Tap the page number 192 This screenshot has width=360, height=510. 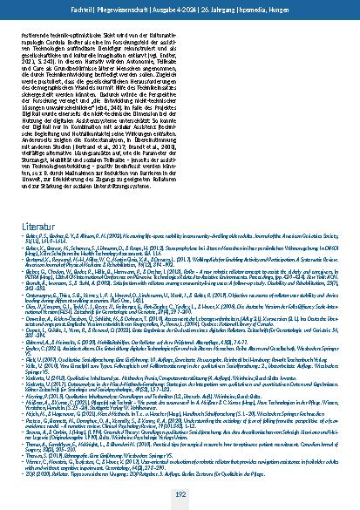(x=180, y=493)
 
